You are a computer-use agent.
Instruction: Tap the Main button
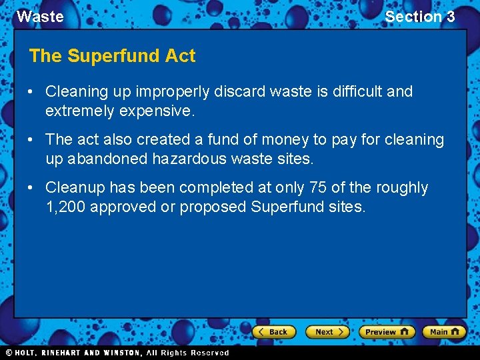[444, 331]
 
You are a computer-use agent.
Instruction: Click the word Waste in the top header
[40, 17]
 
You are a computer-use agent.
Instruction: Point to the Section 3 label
[419, 17]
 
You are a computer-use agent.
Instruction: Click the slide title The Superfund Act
[112, 56]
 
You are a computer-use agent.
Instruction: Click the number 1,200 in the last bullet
[65, 207]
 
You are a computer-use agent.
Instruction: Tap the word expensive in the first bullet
[157, 111]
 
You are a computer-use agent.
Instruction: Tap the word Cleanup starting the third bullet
[75, 188]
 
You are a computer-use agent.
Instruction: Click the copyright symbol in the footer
[9, 353]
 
